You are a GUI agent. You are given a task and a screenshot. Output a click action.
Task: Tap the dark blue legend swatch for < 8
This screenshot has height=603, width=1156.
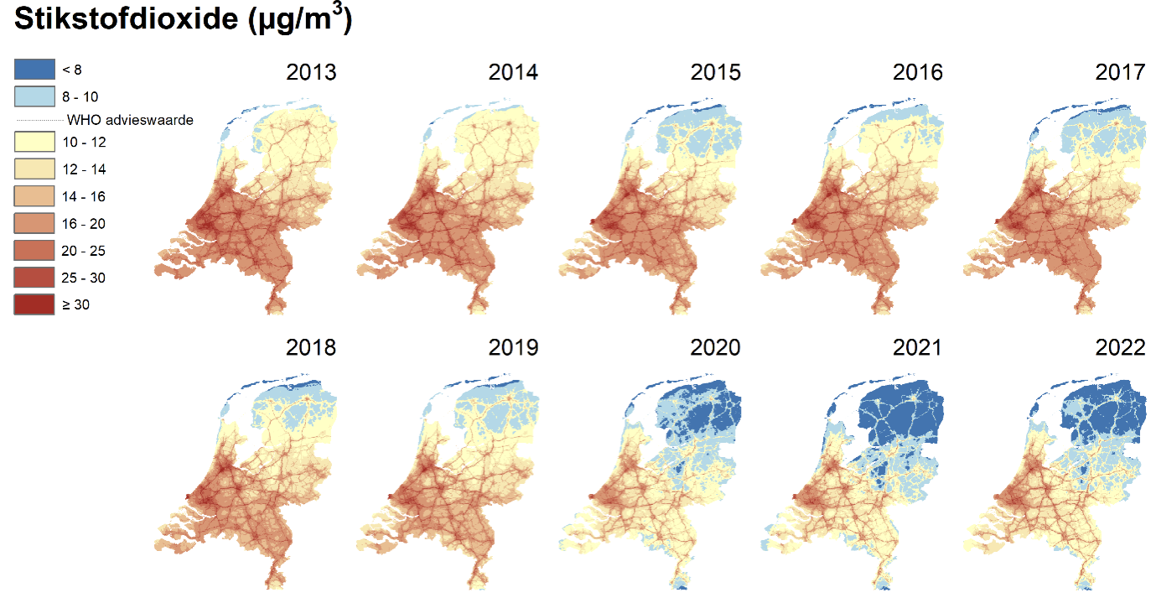(34, 70)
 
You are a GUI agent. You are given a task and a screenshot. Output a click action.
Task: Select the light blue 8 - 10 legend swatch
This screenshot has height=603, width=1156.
(34, 97)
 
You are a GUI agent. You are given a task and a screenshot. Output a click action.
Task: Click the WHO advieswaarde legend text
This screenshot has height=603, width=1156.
(130, 120)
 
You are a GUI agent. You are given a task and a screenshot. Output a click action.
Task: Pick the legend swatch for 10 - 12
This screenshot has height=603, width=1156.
(34, 142)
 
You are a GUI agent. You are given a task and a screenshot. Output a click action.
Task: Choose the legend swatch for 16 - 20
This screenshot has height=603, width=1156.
(34, 223)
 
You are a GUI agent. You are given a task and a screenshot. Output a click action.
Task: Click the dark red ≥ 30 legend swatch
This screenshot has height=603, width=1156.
(34, 304)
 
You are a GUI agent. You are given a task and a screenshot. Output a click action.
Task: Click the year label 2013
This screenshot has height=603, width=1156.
(311, 72)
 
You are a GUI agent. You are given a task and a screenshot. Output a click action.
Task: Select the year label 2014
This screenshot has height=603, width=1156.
(513, 72)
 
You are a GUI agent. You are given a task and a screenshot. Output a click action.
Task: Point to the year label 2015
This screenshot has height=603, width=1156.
(715, 72)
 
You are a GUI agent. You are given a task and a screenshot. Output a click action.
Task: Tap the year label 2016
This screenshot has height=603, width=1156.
(918, 72)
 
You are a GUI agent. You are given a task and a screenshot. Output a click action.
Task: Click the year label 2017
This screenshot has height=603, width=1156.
(1120, 72)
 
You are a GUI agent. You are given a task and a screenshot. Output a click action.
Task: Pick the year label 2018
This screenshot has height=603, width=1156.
(311, 347)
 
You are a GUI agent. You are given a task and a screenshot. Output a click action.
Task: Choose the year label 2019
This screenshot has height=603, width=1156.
(513, 347)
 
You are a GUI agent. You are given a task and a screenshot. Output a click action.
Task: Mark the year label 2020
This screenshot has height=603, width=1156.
(715, 347)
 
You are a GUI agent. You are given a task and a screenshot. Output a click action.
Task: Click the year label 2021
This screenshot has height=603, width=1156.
(918, 347)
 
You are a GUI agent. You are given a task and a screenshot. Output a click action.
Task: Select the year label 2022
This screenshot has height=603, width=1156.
(1120, 347)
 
